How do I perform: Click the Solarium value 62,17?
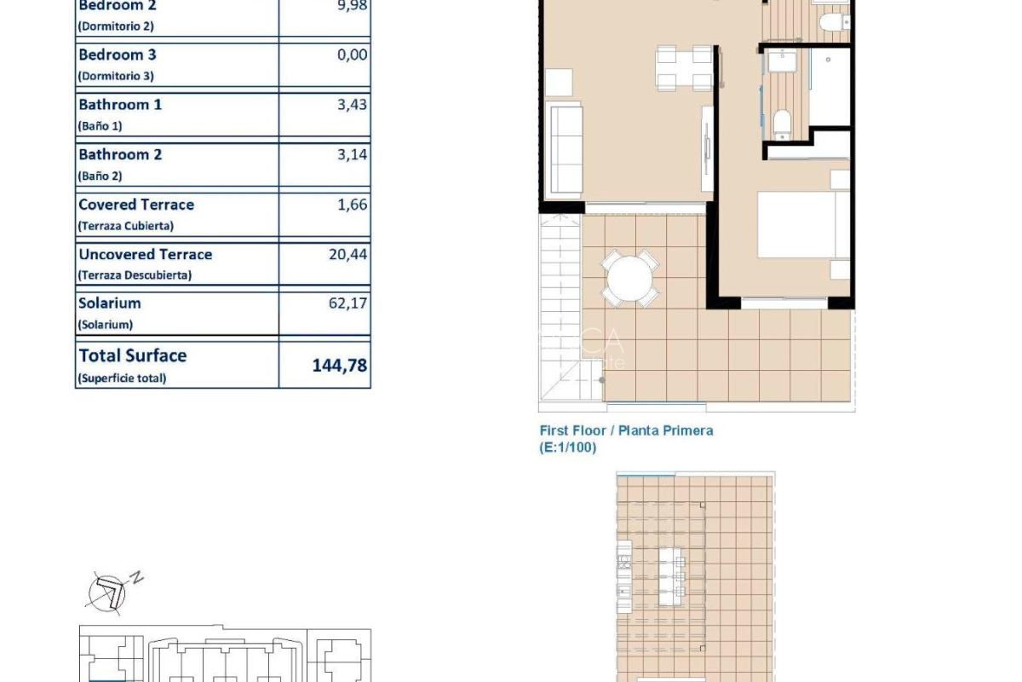point(347,303)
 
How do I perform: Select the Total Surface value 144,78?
point(340,366)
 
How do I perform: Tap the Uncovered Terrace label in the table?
point(145,254)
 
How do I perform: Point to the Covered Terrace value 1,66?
point(352,205)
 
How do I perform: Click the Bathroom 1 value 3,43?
point(352,105)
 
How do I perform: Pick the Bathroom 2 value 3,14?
point(352,154)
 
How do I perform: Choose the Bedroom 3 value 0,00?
point(352,55)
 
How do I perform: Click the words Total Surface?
point(133,355)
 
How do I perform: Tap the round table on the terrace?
point(629,278)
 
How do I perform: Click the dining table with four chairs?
point(683,68)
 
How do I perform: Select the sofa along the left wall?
point(564,148)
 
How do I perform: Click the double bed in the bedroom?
point(803,225)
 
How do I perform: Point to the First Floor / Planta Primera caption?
point(626,431)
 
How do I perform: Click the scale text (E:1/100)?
point(567,448)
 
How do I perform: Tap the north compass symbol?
point(112,591)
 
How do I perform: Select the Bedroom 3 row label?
point(118,55)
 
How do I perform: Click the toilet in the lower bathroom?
point(782,124)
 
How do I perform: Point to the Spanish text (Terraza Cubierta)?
point(125,226)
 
